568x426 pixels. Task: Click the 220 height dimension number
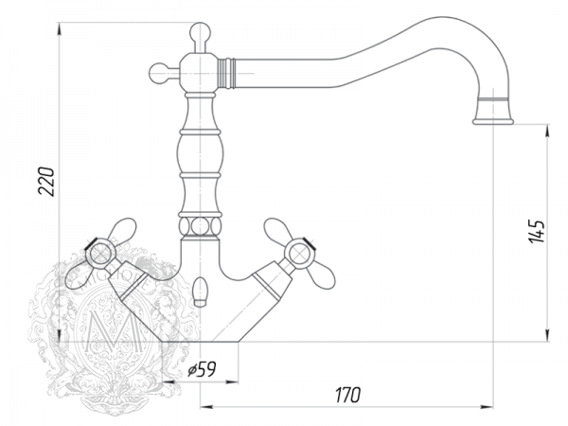click(47, 182)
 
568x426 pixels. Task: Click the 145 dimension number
click(537, 231)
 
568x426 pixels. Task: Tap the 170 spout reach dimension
click(348, 395)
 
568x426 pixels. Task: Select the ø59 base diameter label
click(202, 369)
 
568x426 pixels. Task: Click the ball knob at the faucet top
click(201, 32)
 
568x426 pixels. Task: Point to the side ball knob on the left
click(158, 73)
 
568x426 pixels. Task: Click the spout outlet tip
click(493, 121)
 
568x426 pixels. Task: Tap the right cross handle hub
click(299, 253)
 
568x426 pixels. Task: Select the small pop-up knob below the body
click(200, 292)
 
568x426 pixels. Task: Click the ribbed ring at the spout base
click(227, 73)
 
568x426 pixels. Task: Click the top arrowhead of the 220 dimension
click(59, 28)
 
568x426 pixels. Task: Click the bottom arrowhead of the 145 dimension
click(547, 335)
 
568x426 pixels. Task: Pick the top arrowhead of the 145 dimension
click(547, 130)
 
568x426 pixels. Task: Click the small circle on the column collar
click(200, 227)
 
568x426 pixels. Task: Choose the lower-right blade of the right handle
click(320, 275)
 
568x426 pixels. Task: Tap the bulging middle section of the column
click(200, 154)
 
